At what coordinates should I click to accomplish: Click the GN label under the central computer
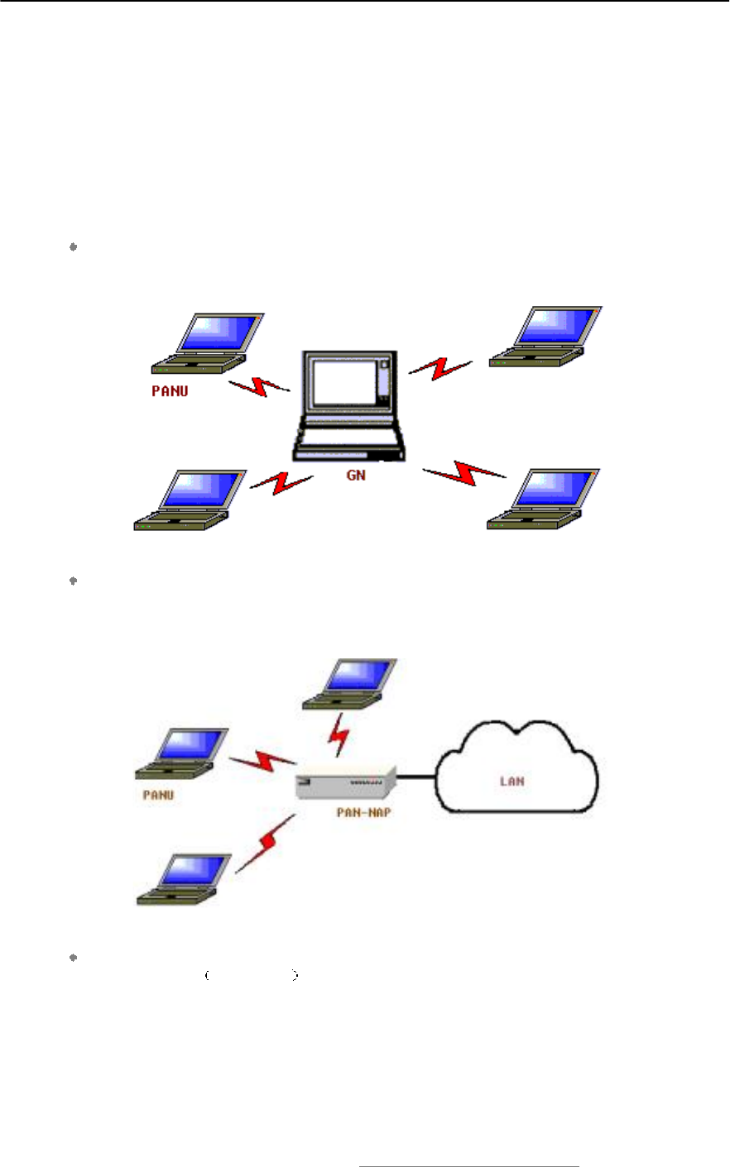coord(356,476)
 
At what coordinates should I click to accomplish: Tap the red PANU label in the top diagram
coord(170,391)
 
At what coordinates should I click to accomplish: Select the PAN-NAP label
coord(363,812)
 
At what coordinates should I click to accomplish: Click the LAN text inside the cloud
coord(512,780)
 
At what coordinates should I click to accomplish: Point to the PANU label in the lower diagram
coord(158,795)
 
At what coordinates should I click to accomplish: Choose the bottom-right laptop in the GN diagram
coord(544,499)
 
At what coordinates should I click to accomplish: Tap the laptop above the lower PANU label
coord(183,753)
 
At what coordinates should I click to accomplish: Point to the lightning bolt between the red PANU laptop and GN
coord(259,386)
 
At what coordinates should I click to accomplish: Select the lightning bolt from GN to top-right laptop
coord(440,368)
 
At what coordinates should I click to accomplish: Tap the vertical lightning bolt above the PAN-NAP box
coord(339,735)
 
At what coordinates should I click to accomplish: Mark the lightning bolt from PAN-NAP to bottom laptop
coord(266,842)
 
